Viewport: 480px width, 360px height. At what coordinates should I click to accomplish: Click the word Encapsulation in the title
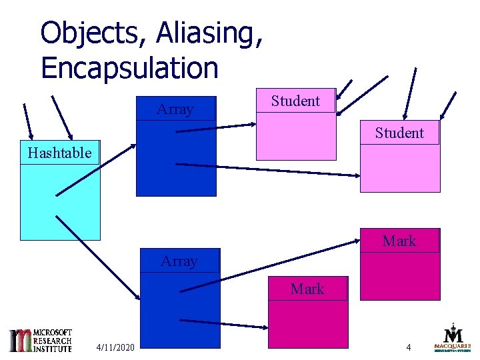pos(129,67)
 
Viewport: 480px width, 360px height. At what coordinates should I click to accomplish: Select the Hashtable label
pos(59,153)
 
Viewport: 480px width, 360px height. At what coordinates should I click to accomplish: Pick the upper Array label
pos(175,109)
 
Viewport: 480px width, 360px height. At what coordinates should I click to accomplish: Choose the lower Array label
pos(179,261)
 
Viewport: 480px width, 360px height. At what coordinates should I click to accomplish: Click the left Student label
pos(295,101)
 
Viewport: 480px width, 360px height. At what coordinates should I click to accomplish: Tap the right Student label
pos(399,133)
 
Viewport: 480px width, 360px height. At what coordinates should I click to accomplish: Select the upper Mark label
pos(399,241)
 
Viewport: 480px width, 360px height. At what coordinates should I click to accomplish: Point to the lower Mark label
pos(307,289)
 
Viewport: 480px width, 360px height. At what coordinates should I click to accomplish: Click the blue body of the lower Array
pos(180,310)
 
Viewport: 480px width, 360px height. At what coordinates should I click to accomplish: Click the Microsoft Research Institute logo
pos(41,340)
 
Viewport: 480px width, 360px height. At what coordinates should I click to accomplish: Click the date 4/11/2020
pos(115,347)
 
